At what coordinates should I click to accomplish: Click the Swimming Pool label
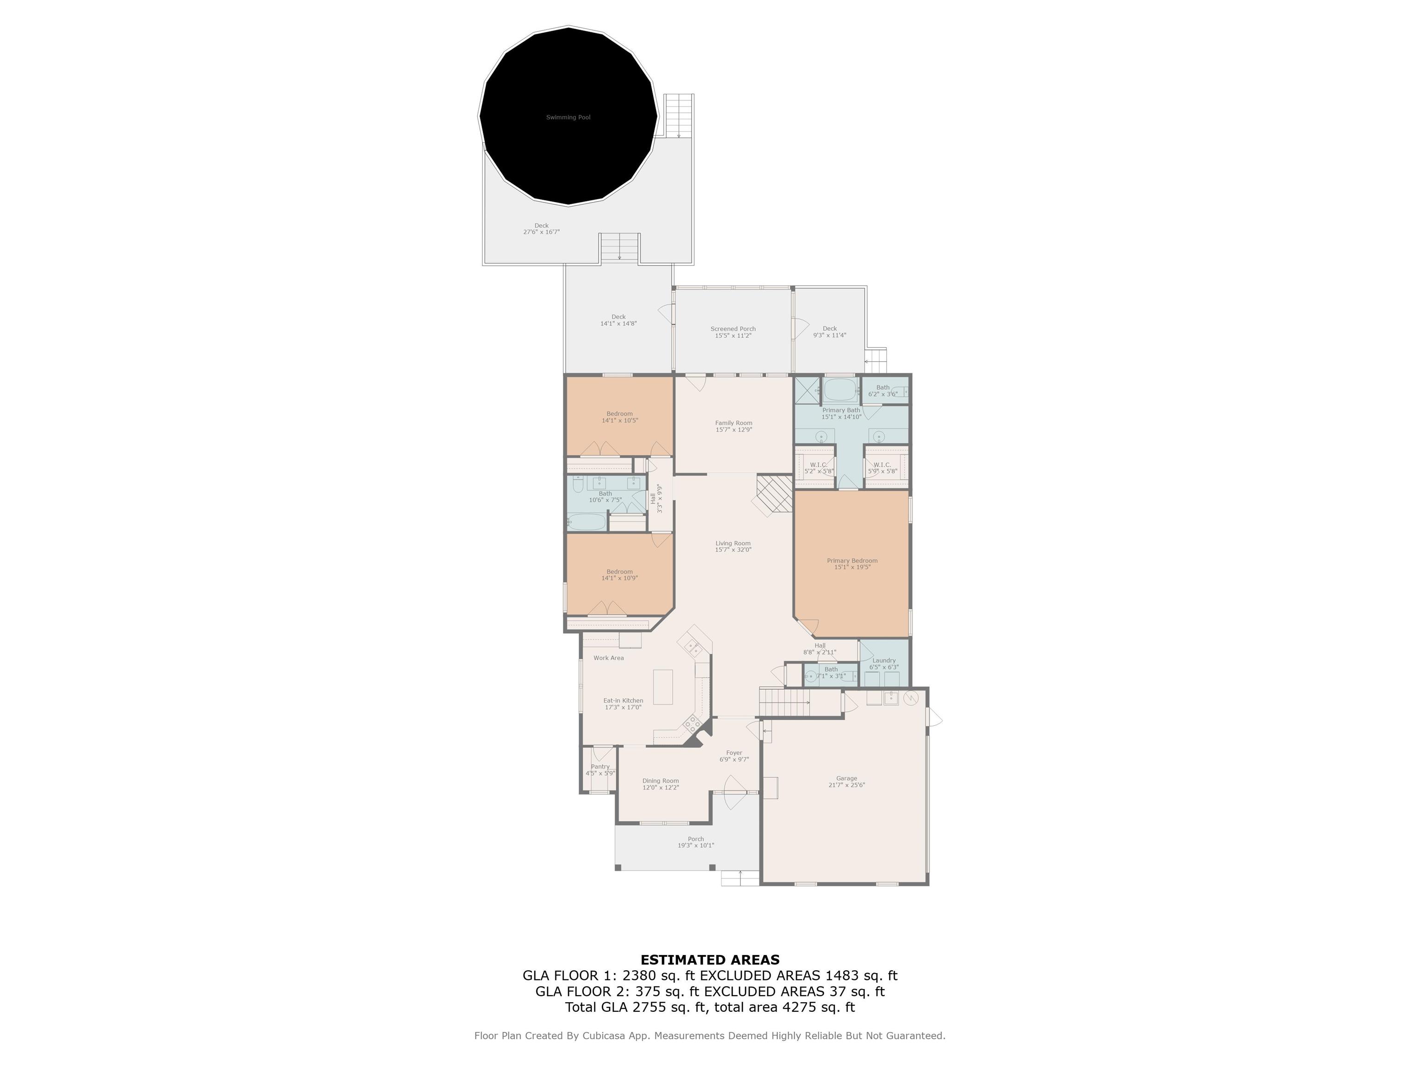(568, 117)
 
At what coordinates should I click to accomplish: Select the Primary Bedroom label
(852, 560)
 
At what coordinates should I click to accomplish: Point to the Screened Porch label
(733, 329)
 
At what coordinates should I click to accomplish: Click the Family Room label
(734, 423)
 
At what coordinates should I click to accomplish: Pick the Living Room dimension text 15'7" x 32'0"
(733, 550)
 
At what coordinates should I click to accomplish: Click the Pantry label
(600, 766)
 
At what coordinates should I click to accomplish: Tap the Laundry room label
(884, 660)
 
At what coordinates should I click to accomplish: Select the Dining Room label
(661, 781)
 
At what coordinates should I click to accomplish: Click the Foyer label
(734, 753)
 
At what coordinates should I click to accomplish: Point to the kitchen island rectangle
(663, 687)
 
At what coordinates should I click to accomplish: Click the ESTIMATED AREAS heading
(710, 960)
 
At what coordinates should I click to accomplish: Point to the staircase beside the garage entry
(784, 702)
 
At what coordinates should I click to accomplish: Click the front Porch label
(696, 839)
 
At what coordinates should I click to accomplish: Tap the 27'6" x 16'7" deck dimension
(541, 233)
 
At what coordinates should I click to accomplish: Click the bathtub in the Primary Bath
(840, 389)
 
